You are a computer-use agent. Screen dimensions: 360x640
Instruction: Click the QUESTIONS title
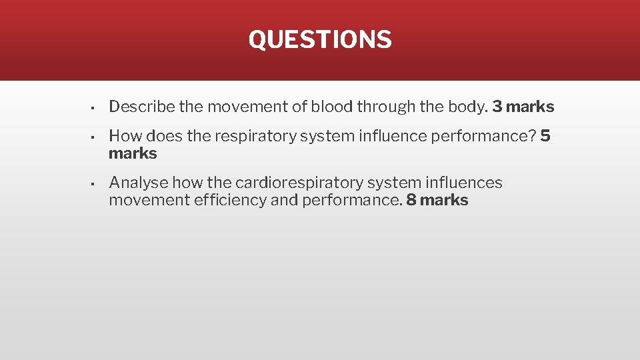pyautogui.click(x=320, y=39)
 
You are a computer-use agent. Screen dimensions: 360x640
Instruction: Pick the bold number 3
pyautogui.click(x=497, y=107)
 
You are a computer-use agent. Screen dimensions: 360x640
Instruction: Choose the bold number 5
pyautogui.click(x=545, y=136)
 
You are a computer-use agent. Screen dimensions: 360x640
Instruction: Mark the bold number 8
pyautogui.click(x=411, y=200)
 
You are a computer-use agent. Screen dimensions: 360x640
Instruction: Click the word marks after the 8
pyautogui.click(x=445, y=200)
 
